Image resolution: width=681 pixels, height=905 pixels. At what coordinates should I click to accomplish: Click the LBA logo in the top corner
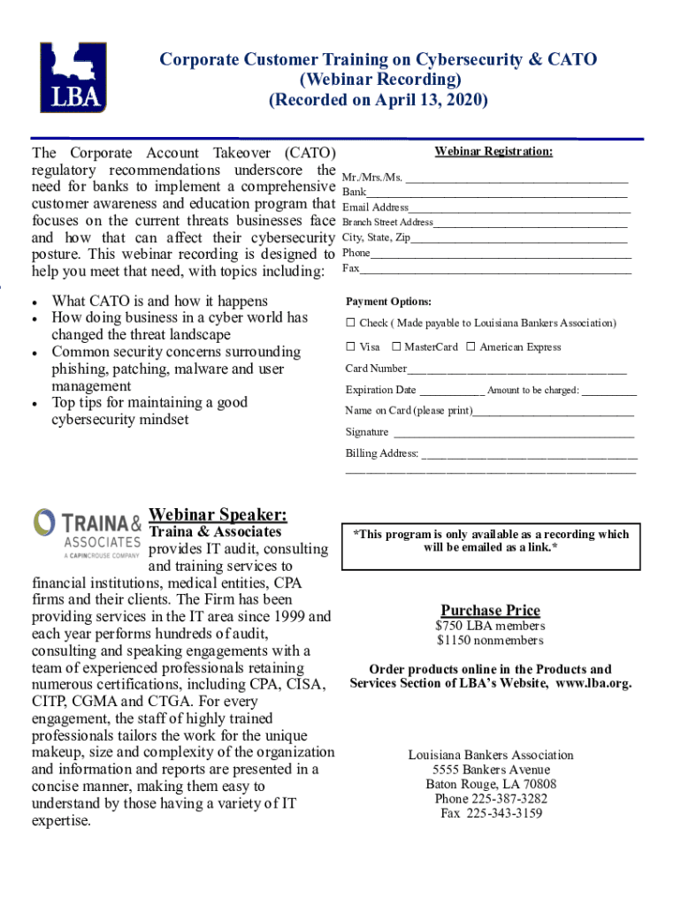click(73, 77)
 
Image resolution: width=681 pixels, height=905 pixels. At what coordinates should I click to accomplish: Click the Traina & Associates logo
click(87, 534)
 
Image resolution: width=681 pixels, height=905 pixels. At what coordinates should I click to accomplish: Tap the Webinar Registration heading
click(494, 152)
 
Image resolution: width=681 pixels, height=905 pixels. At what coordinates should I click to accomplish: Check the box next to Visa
click(350, 347)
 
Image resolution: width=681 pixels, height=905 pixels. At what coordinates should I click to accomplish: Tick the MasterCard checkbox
click(396, 347)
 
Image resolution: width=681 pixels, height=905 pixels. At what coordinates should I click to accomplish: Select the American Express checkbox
click(471, 347)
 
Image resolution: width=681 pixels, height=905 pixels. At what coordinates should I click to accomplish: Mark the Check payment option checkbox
click(350, 323)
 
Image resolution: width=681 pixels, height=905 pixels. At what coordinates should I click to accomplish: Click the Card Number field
click(516, 369)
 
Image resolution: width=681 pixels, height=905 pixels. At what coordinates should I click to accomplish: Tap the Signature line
click(513, 432)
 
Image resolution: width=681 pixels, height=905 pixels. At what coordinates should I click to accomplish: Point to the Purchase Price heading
click(490, 611)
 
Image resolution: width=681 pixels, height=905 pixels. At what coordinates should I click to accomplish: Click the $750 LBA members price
click(490, 627)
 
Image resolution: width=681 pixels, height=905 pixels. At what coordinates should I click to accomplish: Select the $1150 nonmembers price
click(490, 641)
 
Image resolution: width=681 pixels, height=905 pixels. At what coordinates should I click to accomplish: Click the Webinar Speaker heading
click(218, 514)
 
